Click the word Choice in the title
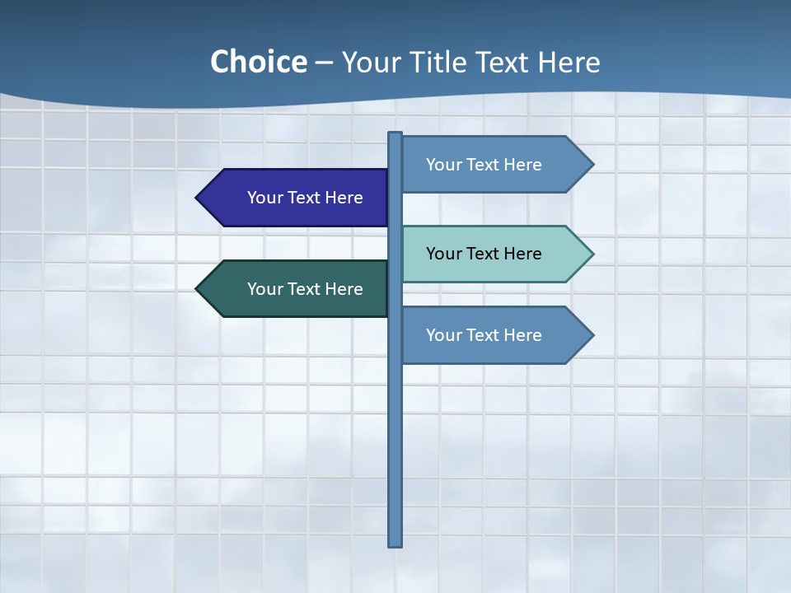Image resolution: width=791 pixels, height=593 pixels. coord(258,63)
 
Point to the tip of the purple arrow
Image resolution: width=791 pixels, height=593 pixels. coord(198,198)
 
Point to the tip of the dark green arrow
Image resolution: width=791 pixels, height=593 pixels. coord(198,289)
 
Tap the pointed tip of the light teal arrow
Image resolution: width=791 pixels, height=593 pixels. coord(592,254)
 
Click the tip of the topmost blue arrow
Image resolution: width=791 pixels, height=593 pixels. coord(592,165)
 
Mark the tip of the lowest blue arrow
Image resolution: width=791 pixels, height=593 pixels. coord(592,335)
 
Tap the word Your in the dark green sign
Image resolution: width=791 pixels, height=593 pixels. coord(264,289)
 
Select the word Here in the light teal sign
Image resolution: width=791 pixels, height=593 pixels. coord(522,254)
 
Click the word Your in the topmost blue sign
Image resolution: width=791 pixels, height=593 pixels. coord(443,165)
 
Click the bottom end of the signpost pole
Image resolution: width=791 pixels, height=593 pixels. coord(395,544)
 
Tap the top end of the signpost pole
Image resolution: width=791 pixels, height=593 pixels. coord(395,134)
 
